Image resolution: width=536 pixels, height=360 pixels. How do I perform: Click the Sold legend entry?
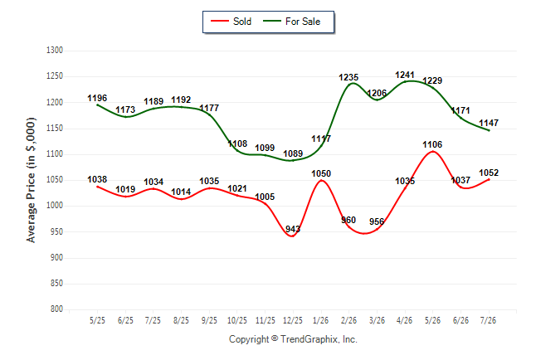[x=231, y=22]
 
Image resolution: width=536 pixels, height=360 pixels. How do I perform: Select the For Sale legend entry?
[x=291, y=22]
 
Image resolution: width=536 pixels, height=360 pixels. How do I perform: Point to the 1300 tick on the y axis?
[x=55, y=51]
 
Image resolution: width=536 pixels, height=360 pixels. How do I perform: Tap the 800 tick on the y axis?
[x=56, y=309]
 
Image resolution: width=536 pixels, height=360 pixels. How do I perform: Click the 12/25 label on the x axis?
[x=293, y=320]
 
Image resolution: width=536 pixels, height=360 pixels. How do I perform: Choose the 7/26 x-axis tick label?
[x=488, y=320]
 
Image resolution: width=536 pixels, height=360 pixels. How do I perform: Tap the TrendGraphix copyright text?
[x=293, y=339]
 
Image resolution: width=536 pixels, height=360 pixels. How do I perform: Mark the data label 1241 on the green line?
[x=405, y=75]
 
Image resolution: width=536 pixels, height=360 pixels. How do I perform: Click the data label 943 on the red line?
[x=293, y=229]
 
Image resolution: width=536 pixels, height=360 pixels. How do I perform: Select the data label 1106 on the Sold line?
[x=432, y=144]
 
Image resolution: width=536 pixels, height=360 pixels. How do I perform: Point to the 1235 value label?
[x=348, y=78]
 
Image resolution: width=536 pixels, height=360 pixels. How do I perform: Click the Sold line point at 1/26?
[x=321, y=180]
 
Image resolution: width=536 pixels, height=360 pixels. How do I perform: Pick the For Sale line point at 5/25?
[x=97, y=105]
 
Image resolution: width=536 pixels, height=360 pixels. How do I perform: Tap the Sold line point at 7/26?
[x=489, y=179]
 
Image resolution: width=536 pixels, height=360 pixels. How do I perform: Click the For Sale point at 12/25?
[x=293, y=160]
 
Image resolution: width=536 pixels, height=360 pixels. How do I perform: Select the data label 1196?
[x=97, y=99]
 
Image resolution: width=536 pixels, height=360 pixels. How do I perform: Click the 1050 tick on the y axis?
[x=55, y=180]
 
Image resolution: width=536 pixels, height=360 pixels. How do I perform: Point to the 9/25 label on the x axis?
[x=209, y=320]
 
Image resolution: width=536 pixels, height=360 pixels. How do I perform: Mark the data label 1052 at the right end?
[x=489, y=173]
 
